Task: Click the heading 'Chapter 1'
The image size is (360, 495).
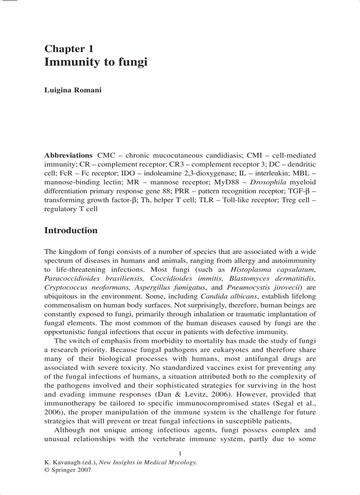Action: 69,49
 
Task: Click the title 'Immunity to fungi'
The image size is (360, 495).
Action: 96,62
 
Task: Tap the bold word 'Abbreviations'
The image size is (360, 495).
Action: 68,156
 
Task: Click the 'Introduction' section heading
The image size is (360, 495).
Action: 71,231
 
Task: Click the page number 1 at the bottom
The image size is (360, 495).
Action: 180,454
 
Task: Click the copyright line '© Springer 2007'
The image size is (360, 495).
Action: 67,470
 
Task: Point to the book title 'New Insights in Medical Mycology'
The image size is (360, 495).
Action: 147,462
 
